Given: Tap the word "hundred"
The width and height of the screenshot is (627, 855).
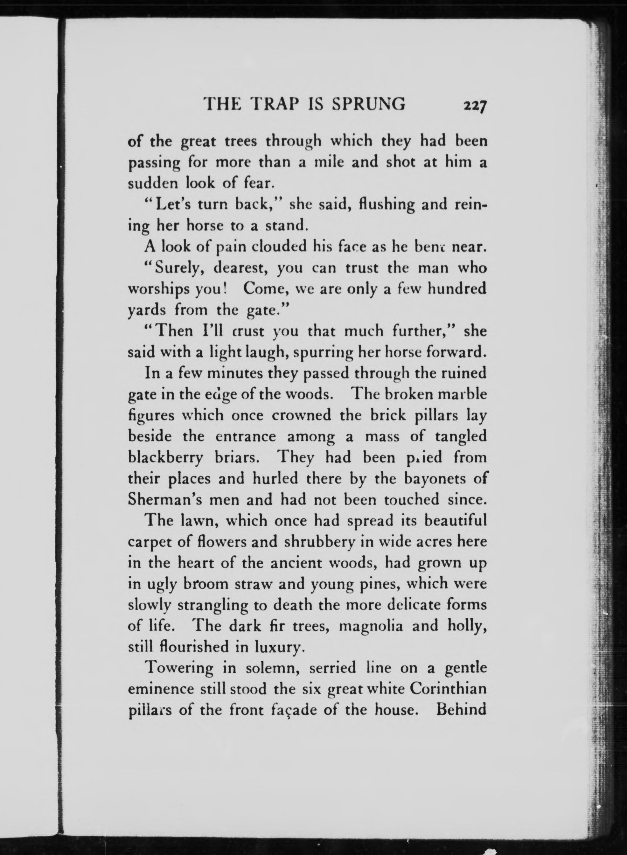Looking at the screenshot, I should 457,289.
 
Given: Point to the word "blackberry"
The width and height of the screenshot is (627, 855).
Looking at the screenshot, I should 165,458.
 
